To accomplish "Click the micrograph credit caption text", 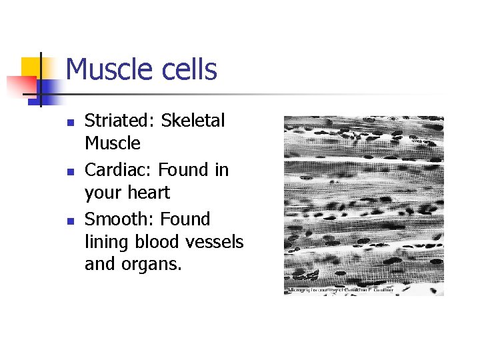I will [340, 291].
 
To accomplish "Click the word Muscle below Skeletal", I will [113, 143].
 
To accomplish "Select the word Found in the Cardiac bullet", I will [184, 170].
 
